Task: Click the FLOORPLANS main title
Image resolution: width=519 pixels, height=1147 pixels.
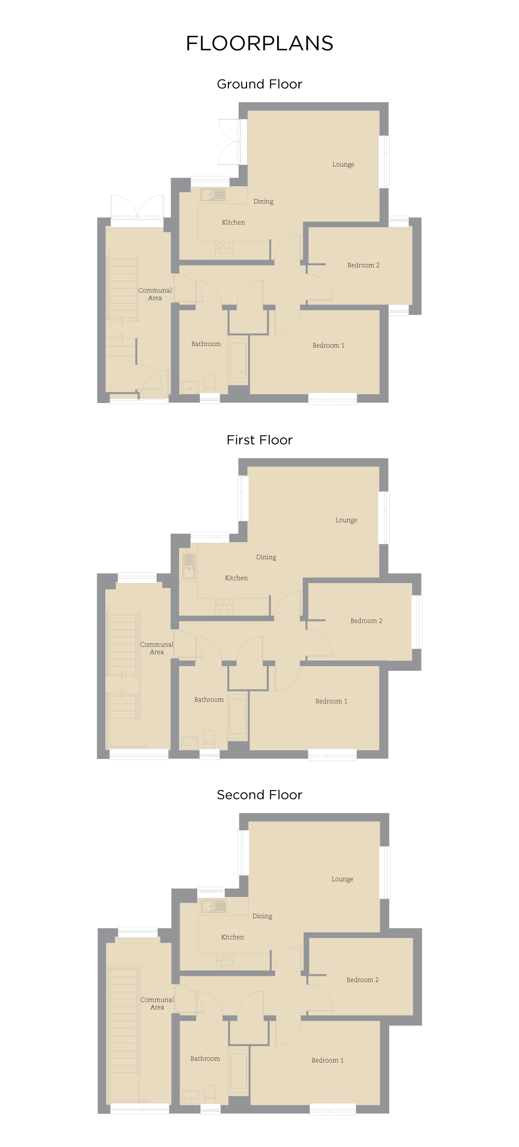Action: (259, 44)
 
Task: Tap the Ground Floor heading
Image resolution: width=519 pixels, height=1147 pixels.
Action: (259, 84)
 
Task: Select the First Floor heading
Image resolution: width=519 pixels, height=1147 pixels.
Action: (259, 440)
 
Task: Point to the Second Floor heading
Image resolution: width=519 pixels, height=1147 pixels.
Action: (259, 795)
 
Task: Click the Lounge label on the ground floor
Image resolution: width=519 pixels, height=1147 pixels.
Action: (343, 164)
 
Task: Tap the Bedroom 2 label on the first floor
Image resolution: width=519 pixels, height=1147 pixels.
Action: (366, 621)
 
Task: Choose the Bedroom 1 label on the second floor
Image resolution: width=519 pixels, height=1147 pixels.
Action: (327, 1060)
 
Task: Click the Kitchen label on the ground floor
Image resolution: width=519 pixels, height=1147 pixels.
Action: (234, 223)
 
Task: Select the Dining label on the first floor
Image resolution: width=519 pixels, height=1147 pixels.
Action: (266, 557)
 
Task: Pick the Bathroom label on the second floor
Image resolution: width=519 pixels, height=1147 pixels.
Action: (205, 1059)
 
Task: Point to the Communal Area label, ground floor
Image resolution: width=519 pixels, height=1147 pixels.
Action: (155, 294)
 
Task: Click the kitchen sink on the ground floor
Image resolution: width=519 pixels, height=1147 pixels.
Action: (213, 195)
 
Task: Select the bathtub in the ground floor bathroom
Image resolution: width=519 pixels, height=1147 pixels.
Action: (238, 360)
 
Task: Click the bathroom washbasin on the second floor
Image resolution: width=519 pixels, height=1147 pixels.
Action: (190, 1096)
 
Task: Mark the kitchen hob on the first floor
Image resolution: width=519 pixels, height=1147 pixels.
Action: (224, 603)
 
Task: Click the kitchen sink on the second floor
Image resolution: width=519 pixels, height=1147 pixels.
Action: (214, 906)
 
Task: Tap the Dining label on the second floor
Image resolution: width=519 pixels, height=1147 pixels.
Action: (262, 916)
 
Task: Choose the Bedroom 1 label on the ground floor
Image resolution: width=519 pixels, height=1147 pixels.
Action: (328, 346)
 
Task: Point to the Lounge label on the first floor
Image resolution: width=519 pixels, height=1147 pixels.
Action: (346, 520)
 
